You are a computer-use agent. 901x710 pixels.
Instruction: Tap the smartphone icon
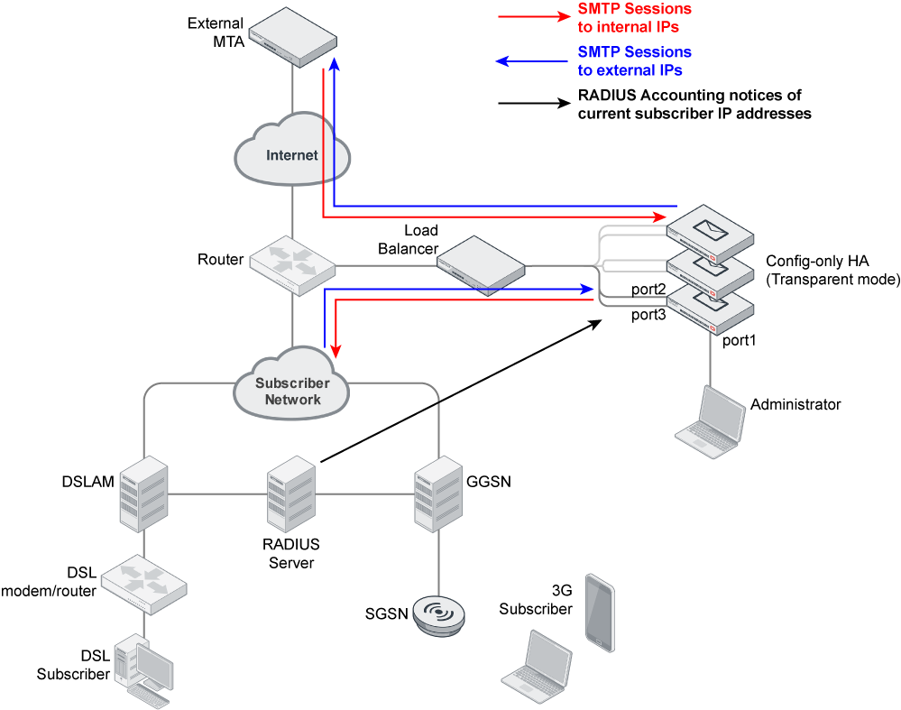point(600,613)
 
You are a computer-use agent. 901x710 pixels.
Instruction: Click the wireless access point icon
point(439,614)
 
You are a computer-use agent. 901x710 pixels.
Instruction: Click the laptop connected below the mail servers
point(712,422)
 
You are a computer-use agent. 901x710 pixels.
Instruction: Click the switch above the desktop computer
point(143,585)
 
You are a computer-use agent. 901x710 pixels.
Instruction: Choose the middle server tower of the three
point(291,493)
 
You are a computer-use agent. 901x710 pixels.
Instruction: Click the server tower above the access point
point(438,493)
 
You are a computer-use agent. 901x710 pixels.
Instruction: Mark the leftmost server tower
point(143,493)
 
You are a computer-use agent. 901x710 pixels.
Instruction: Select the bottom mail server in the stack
point(711,309)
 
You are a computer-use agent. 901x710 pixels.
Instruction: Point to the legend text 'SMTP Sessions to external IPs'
point(634,61)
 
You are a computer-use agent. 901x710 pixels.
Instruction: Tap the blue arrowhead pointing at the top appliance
point(335,64)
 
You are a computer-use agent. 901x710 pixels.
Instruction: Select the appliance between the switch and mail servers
point(481,264)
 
